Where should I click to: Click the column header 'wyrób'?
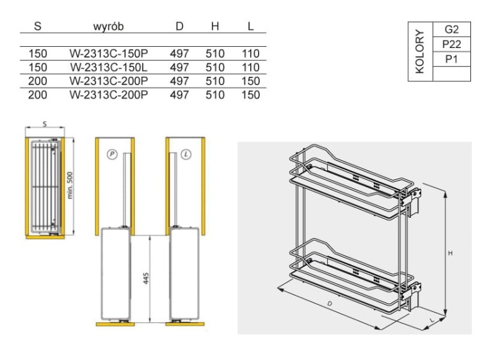[x=108, y=27]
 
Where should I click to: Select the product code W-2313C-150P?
[x=108, y=54]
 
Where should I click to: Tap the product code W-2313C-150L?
[x=108, y=67]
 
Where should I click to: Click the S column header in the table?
[x=38, y=27]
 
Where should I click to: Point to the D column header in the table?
[x=179, y=27]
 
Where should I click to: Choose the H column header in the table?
[x=215, y=27]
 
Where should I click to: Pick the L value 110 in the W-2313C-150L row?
[x=251, y=67]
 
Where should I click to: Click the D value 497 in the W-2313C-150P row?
[x=179, y=54]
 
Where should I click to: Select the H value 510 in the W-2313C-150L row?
[x=215, y=67]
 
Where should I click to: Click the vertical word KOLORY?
[x=420, y=51]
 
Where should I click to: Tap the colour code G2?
[x=452, y=29]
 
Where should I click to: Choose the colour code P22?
[x=452, y=44]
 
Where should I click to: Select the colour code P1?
[x=452, y=59]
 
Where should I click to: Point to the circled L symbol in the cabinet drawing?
[x=186, y=154]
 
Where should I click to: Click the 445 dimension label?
[x=146, y=280]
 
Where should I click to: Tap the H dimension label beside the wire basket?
[x=451, y=254]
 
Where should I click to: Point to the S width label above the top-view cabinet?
[x=45, y=124]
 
